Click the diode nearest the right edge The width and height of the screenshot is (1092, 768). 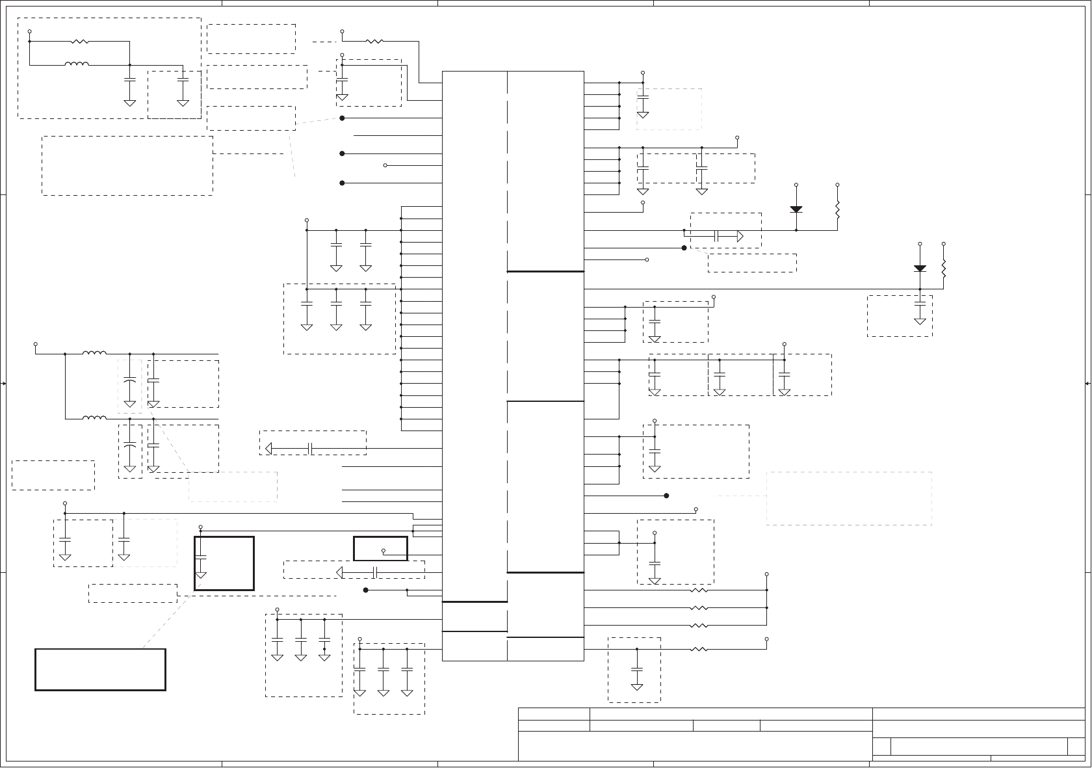point(920,268)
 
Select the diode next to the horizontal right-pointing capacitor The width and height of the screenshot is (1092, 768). point(796,209)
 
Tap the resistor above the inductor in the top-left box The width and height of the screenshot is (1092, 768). point(79,42)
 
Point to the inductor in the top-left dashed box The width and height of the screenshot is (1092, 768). point(77,64)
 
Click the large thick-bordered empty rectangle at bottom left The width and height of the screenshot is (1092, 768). point(100,669)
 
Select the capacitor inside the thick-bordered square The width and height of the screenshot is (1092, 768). point(201,557)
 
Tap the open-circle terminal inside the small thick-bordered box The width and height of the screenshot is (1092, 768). point(383,551)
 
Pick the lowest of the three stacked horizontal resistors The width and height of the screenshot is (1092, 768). point(698,626)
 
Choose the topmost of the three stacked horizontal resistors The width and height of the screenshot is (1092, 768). point(698,590)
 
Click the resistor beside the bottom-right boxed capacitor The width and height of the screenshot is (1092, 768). point(698,649)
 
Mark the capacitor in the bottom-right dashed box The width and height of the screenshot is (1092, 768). point(637,669)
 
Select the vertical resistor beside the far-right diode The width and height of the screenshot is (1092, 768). point(943,268)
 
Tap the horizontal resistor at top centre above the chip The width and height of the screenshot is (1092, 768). point(374,42)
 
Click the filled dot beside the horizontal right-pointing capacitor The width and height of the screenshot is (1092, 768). point(684,248)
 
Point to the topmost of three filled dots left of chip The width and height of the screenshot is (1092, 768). point(342,118)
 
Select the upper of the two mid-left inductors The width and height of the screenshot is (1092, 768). point(95,354)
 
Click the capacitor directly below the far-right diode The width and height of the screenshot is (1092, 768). point(920,303)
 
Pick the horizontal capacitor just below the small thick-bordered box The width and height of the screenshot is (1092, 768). point(375,572)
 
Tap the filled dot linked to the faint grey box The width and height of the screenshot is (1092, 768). point(667,496)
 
